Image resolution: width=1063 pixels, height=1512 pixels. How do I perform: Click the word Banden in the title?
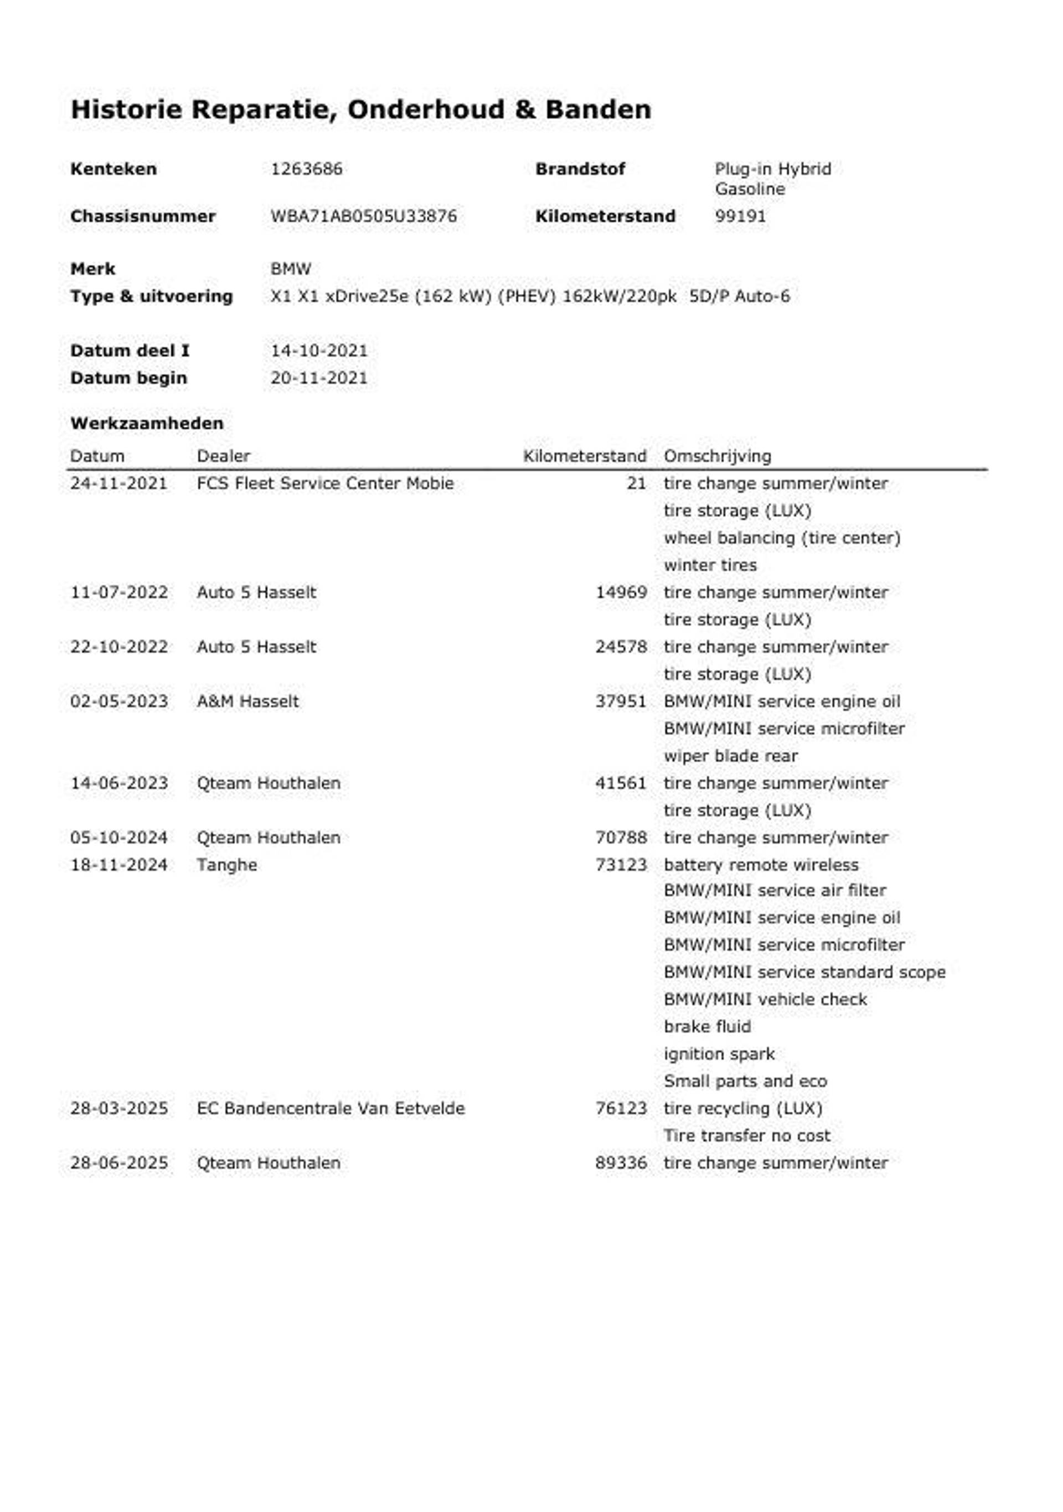click(x=598, y=109)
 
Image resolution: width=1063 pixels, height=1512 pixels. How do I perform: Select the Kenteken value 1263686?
click(x=306, y=169)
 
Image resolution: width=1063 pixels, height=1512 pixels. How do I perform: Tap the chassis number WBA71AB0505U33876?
click(x=364, y=216)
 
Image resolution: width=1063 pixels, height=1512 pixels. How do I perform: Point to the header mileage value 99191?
click(x=740, y=216)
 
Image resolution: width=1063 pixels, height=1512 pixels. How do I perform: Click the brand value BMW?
click(x=291, y=269)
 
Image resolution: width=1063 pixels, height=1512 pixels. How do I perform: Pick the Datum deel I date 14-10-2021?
click(x=319, y=350)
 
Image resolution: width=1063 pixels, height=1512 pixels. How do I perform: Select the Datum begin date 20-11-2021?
click(x=319, y=378)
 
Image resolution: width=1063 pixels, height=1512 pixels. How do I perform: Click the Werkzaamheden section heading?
click(x=147, y=423)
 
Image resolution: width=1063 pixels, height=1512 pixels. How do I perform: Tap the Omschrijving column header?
click(x=717, y=456)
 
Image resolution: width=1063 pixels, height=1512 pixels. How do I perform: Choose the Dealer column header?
click(x=223, y=456)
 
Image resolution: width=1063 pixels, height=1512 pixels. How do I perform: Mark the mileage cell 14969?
click(x=621, y=592)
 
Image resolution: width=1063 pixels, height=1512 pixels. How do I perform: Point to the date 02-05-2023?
click(x=119, y=701)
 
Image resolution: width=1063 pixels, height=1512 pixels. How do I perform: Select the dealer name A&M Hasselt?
click(x=247, y=701)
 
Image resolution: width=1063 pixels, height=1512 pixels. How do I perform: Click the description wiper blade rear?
click(x=730, y=756)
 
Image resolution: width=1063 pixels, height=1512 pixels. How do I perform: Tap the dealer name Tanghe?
click(x=226, y=865)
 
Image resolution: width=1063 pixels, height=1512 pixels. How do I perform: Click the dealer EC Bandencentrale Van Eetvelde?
click(x=331, y=1108)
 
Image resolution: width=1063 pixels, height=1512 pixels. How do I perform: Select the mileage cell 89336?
click(x=621, y=1163)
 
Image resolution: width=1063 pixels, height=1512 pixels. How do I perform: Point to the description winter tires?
click(x=710, y=565)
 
